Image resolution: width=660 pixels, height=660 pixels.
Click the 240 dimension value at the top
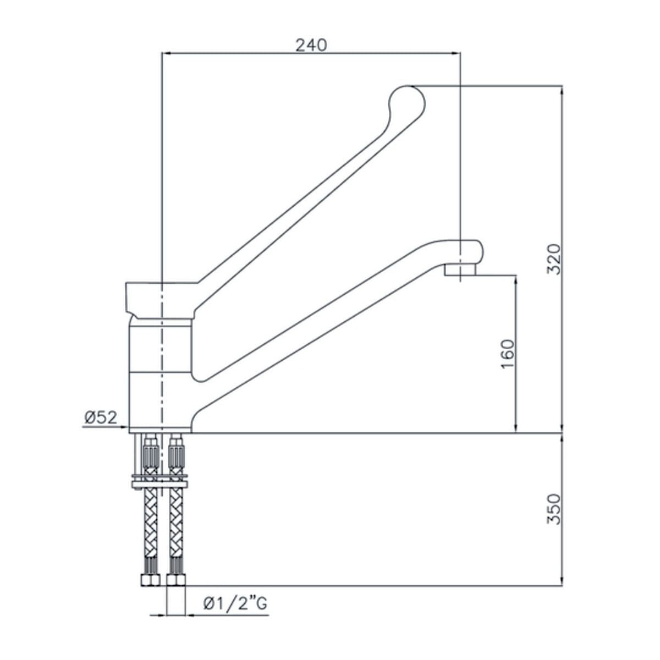point(311,45)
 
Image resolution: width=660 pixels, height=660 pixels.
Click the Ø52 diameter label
point(101,418)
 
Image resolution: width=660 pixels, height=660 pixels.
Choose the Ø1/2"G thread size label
point(235,604)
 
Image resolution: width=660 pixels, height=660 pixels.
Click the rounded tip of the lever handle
point(408,102)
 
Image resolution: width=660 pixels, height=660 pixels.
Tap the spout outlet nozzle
point(460,270)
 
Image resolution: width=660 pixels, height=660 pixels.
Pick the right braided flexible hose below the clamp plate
point(176,520)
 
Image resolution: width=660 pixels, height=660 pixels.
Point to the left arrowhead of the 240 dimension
point(166,53)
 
